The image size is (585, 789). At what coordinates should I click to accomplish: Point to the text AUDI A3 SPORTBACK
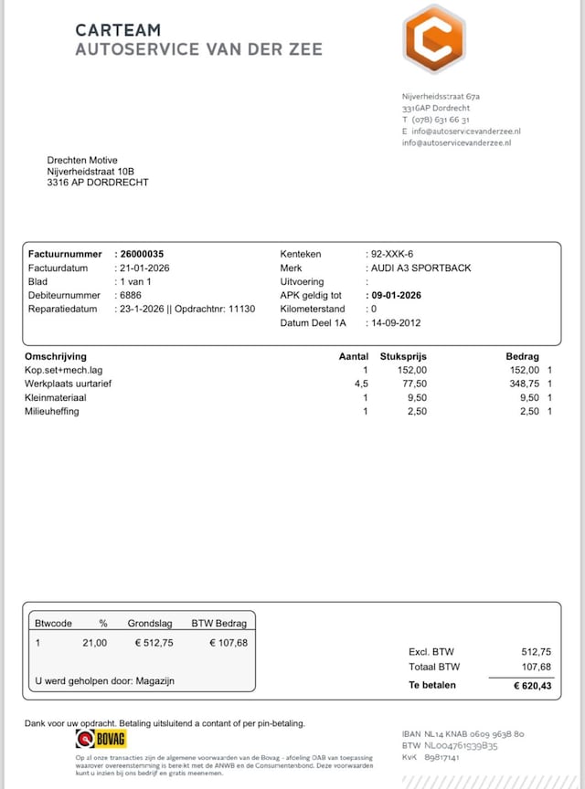[420, 268]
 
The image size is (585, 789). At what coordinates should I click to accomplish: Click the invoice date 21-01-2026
[144, 268]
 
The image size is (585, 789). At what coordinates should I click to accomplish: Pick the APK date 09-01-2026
[396, 296]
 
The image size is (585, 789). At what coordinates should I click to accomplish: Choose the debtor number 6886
[130, 296]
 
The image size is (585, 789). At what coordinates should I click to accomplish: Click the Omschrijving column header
[56, 356]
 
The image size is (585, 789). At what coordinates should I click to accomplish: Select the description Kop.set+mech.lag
[64, 370]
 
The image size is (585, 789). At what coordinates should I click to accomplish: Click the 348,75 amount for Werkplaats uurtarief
[524, 384]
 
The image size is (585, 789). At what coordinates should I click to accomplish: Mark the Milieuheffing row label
[52, 411]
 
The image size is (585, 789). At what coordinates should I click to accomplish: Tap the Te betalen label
[431, 685]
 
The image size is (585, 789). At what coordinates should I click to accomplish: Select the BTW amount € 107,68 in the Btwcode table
[229, 643]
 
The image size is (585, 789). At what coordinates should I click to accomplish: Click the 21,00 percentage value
[96, 643]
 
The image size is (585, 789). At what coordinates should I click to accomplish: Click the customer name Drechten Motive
[82, 161]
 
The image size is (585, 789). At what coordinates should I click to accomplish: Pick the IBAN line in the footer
[463, 733]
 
